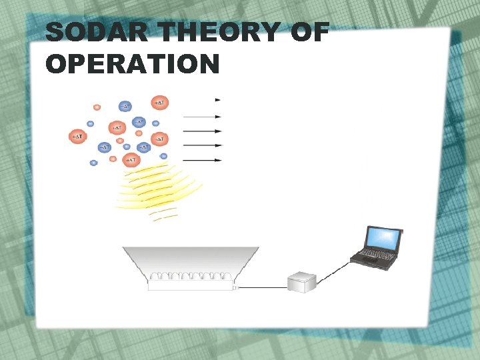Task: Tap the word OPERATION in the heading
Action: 133,64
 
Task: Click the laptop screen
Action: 383,238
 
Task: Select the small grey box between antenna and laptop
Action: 301,281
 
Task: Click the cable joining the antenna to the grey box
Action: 262,287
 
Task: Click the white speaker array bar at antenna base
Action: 190,286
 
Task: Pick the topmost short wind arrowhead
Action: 217,100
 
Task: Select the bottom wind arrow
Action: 202,160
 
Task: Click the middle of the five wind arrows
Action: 202,131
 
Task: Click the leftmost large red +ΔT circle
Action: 78,137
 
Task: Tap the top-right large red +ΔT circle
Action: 159,103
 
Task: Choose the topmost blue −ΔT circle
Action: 125,106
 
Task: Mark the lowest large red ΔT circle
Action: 131,160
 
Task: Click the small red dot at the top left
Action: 97,107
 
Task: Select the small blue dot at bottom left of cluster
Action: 93,163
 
